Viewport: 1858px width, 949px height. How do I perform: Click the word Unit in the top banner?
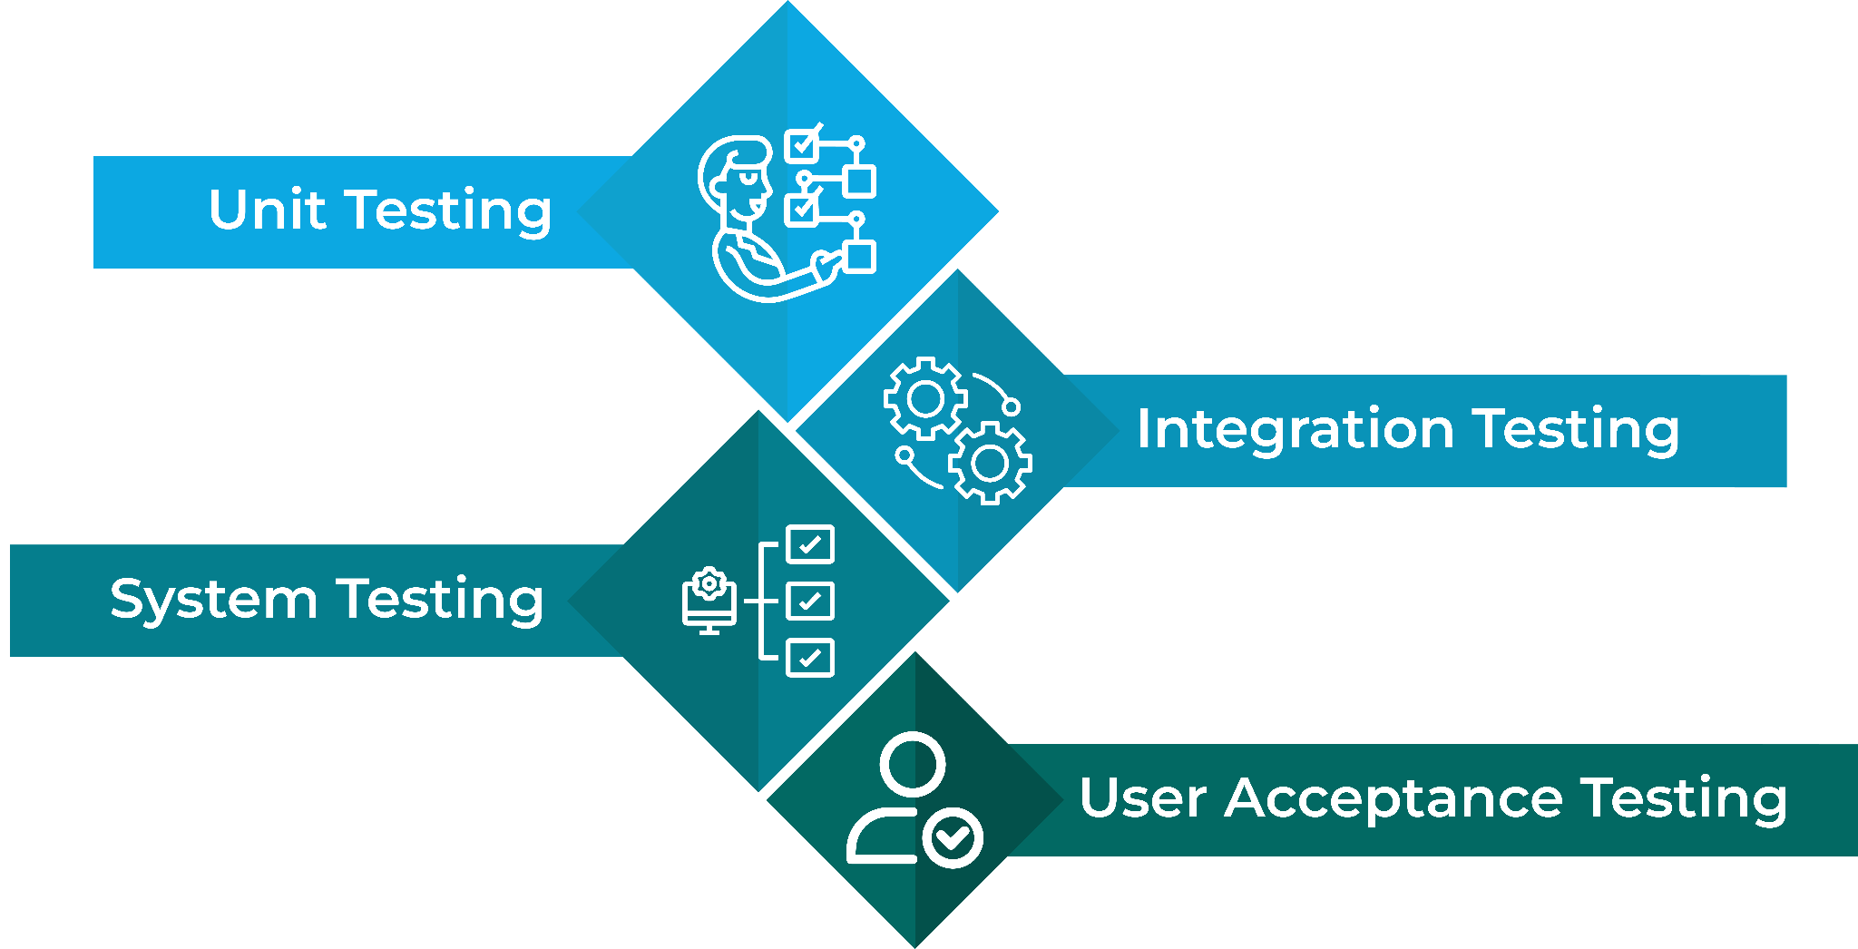pyautogui.click(x=267, y=210)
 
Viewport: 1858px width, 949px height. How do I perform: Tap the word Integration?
pyautogui.click(x=1295, y=428)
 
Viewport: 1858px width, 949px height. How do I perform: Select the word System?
pyautogui.click(x=213, y=601)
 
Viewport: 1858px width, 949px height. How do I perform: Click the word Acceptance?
pyautogui.click(x=1393, y=798)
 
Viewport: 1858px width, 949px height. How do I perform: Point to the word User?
pyautogui.click(x=1143, y=798)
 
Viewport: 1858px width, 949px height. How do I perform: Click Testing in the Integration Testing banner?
pyautogui.click(x=1576, y=428)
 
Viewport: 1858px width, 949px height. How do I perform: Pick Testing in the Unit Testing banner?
pyautogui.click(x=451, y=211)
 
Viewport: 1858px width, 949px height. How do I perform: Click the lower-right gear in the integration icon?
pyautogui.click(x=990, y=463)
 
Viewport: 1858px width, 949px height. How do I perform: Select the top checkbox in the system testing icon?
pyautogui.click(x=810, y=544)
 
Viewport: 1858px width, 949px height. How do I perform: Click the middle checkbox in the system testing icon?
pyautogui.click(x=810, y=601)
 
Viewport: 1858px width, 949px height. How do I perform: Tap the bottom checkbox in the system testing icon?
pyautogui.click(x=810, y=658)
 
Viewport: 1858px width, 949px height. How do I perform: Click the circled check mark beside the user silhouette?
pyautogui.click(x=953, y=837)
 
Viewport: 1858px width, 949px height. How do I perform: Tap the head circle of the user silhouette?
pyautogui.click(x=912, y=765)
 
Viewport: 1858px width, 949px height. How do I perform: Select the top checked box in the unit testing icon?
pyautogui.click(x=802, y=144)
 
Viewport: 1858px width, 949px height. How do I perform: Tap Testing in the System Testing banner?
pyautogui.click(x=441, y=601)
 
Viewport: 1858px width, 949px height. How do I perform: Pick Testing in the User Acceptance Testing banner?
pyautogui.click(x=1684, y=798)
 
